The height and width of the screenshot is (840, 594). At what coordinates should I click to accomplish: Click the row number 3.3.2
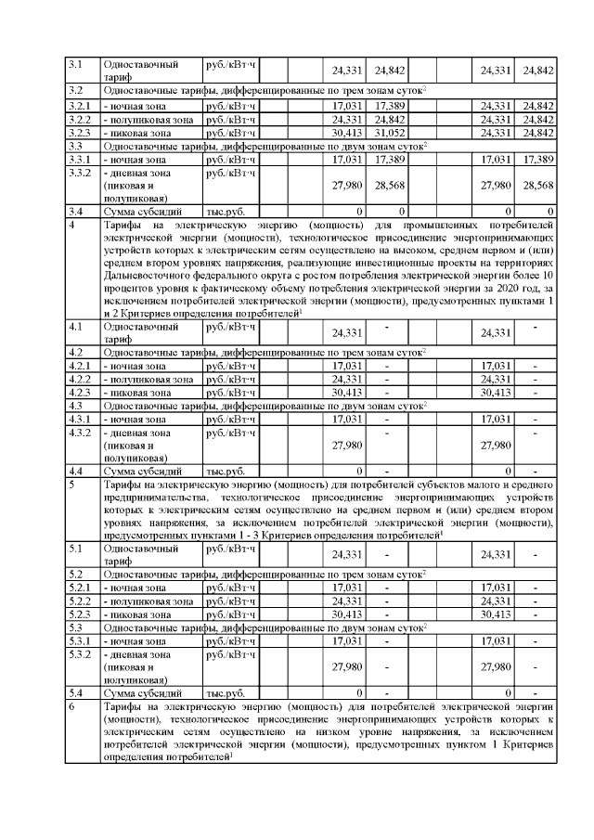pos(79,173)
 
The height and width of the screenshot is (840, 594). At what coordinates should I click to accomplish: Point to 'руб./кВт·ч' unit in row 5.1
pos(230,549)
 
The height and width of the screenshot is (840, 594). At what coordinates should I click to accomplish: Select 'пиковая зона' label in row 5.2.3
pos(141,614)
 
